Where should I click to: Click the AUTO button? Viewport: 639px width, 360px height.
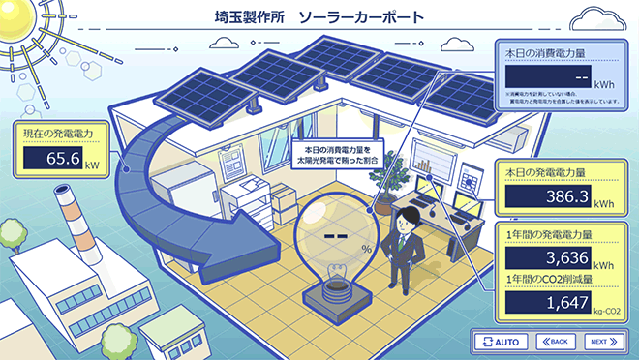(x=502, y=342)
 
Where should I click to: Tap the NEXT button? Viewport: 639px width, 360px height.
(x=602, y=342)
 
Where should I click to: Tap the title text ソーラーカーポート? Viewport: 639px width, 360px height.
(x=361, y=17)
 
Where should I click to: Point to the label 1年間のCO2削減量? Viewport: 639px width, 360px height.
(x=548, y=280)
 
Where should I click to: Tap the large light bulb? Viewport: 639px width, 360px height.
(x=335, y=242)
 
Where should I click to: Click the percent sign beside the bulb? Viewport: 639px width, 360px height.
(x=367, y=249)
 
